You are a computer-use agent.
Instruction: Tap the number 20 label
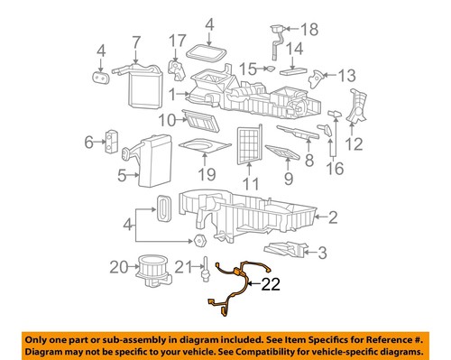[x=119, y=266]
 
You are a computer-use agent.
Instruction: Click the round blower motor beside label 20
[x=152, y=267]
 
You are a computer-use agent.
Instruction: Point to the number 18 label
[x=309, y=30]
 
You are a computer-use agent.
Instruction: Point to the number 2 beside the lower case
[x=333, y=217]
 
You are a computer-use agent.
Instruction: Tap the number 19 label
[x=207, y=173]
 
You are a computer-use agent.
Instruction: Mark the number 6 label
[x=89, y=141]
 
